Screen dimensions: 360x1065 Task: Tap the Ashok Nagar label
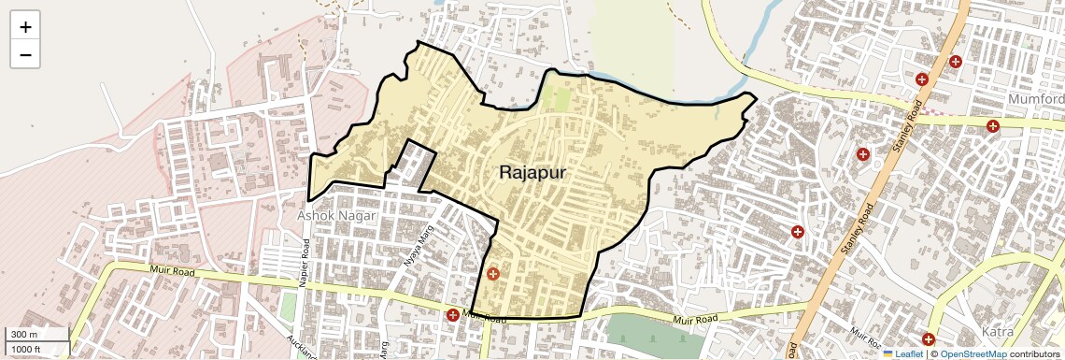336,215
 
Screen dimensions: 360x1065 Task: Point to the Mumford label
1036,99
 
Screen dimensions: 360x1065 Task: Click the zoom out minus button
25,55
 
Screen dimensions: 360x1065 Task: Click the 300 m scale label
24,335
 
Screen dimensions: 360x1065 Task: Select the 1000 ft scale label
26,349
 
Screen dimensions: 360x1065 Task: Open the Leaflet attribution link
902,353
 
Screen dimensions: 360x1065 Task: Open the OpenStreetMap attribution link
973,353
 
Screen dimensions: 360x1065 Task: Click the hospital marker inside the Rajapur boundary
493,274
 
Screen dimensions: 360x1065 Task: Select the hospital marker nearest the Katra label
928,339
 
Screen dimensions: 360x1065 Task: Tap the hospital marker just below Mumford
993,125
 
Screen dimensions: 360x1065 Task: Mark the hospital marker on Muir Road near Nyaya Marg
453,315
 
